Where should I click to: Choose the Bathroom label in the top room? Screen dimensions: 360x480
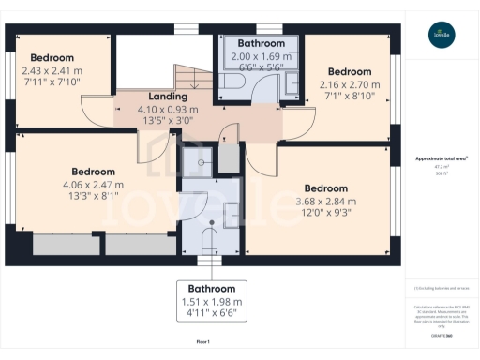[260, 43]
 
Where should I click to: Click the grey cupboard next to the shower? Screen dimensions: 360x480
[229, 160]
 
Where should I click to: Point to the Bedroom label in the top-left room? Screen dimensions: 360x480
[52, 56]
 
